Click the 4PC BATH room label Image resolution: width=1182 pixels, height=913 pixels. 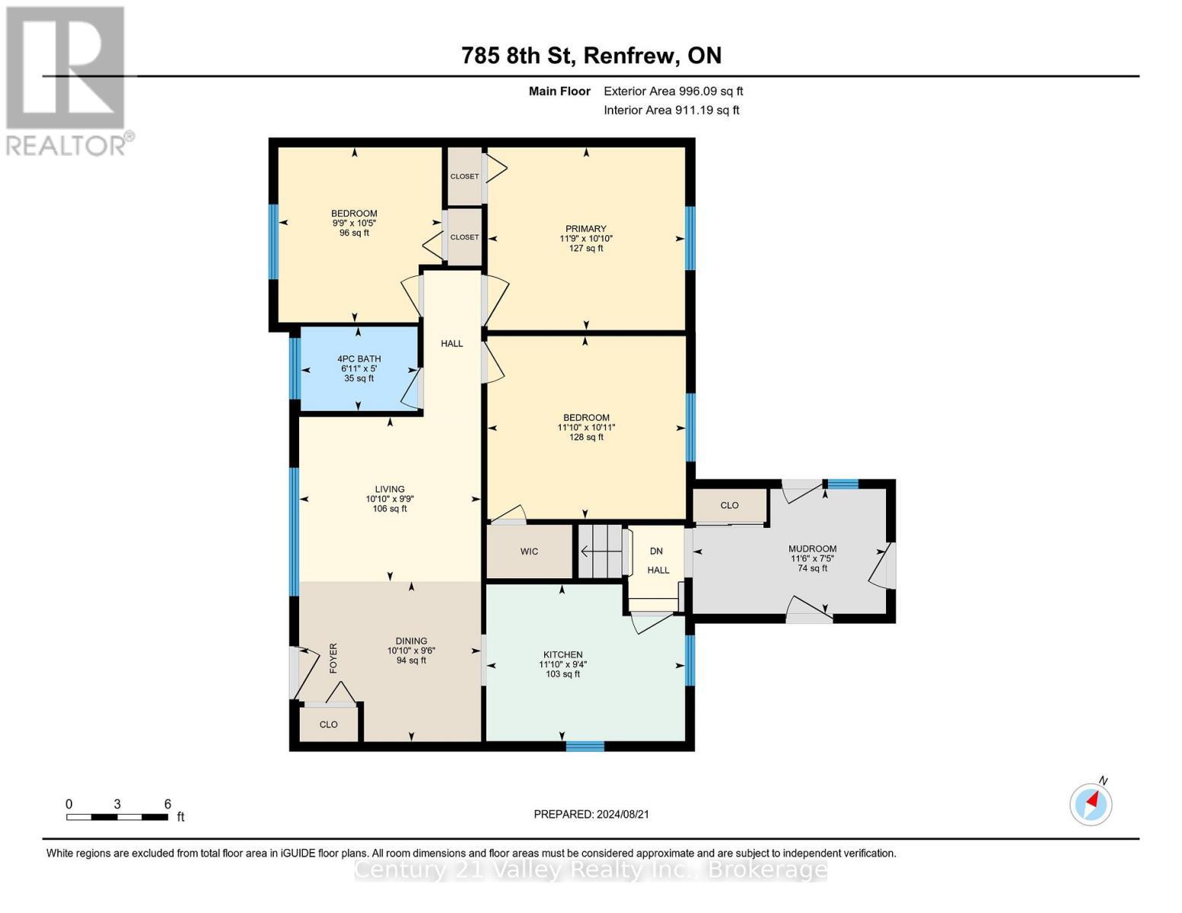(359, 359)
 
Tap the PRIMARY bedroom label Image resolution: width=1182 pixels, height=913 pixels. (585, 229)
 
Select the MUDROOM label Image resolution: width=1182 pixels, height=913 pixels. (812, 549)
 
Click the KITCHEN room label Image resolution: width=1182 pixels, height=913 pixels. (562, 655)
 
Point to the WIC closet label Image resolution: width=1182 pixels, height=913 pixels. (529, 552)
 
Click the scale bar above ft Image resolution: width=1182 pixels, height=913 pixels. (116, 817)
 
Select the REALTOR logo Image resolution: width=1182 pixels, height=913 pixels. (67, 80)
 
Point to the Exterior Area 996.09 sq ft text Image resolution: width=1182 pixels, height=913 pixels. (673, 91)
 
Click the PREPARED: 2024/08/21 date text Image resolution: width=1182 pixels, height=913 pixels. (591, 814)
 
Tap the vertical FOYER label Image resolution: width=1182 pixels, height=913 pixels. (333, 658)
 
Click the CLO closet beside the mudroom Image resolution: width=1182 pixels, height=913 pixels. (729, 505)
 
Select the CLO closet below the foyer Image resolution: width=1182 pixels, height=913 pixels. (328, 724)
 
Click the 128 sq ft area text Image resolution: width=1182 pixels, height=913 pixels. (586, 437)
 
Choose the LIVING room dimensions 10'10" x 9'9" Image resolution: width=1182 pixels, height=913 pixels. (390, 499)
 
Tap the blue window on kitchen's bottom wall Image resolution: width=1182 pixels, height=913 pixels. (585, 746)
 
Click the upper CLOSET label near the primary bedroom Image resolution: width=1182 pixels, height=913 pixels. (464, 177)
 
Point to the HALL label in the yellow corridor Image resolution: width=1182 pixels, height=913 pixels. (451, 343)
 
